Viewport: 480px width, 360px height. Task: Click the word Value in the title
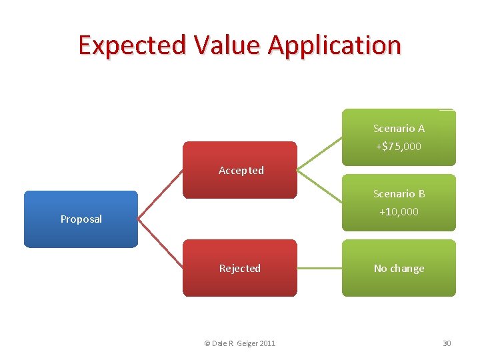[x=227, y=45]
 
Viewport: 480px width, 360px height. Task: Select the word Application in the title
[x=335, y=45]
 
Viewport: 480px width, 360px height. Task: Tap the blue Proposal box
[x=81, y=219]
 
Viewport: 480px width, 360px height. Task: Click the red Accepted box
[x=240, y=170]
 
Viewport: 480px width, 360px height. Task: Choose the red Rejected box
[x=240, y=268]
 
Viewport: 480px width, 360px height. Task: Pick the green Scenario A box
[x=399, y=137]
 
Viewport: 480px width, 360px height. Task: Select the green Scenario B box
[x=399, y=203]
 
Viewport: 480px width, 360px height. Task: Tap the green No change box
[x=399, y=268]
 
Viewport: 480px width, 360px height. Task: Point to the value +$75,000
[x=399, y=147]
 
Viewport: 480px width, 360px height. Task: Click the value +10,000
[x=399, y=212]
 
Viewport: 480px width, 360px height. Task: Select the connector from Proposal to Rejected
[x=160, y=243]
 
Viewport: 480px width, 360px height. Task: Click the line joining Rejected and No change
[x=319, y=268]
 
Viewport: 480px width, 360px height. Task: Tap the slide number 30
[x=447, y=343]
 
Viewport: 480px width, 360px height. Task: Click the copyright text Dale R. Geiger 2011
[x=239, y=343]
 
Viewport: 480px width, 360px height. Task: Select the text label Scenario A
[x=399, y=128]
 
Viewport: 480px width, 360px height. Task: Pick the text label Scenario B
[x=399, y=193]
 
